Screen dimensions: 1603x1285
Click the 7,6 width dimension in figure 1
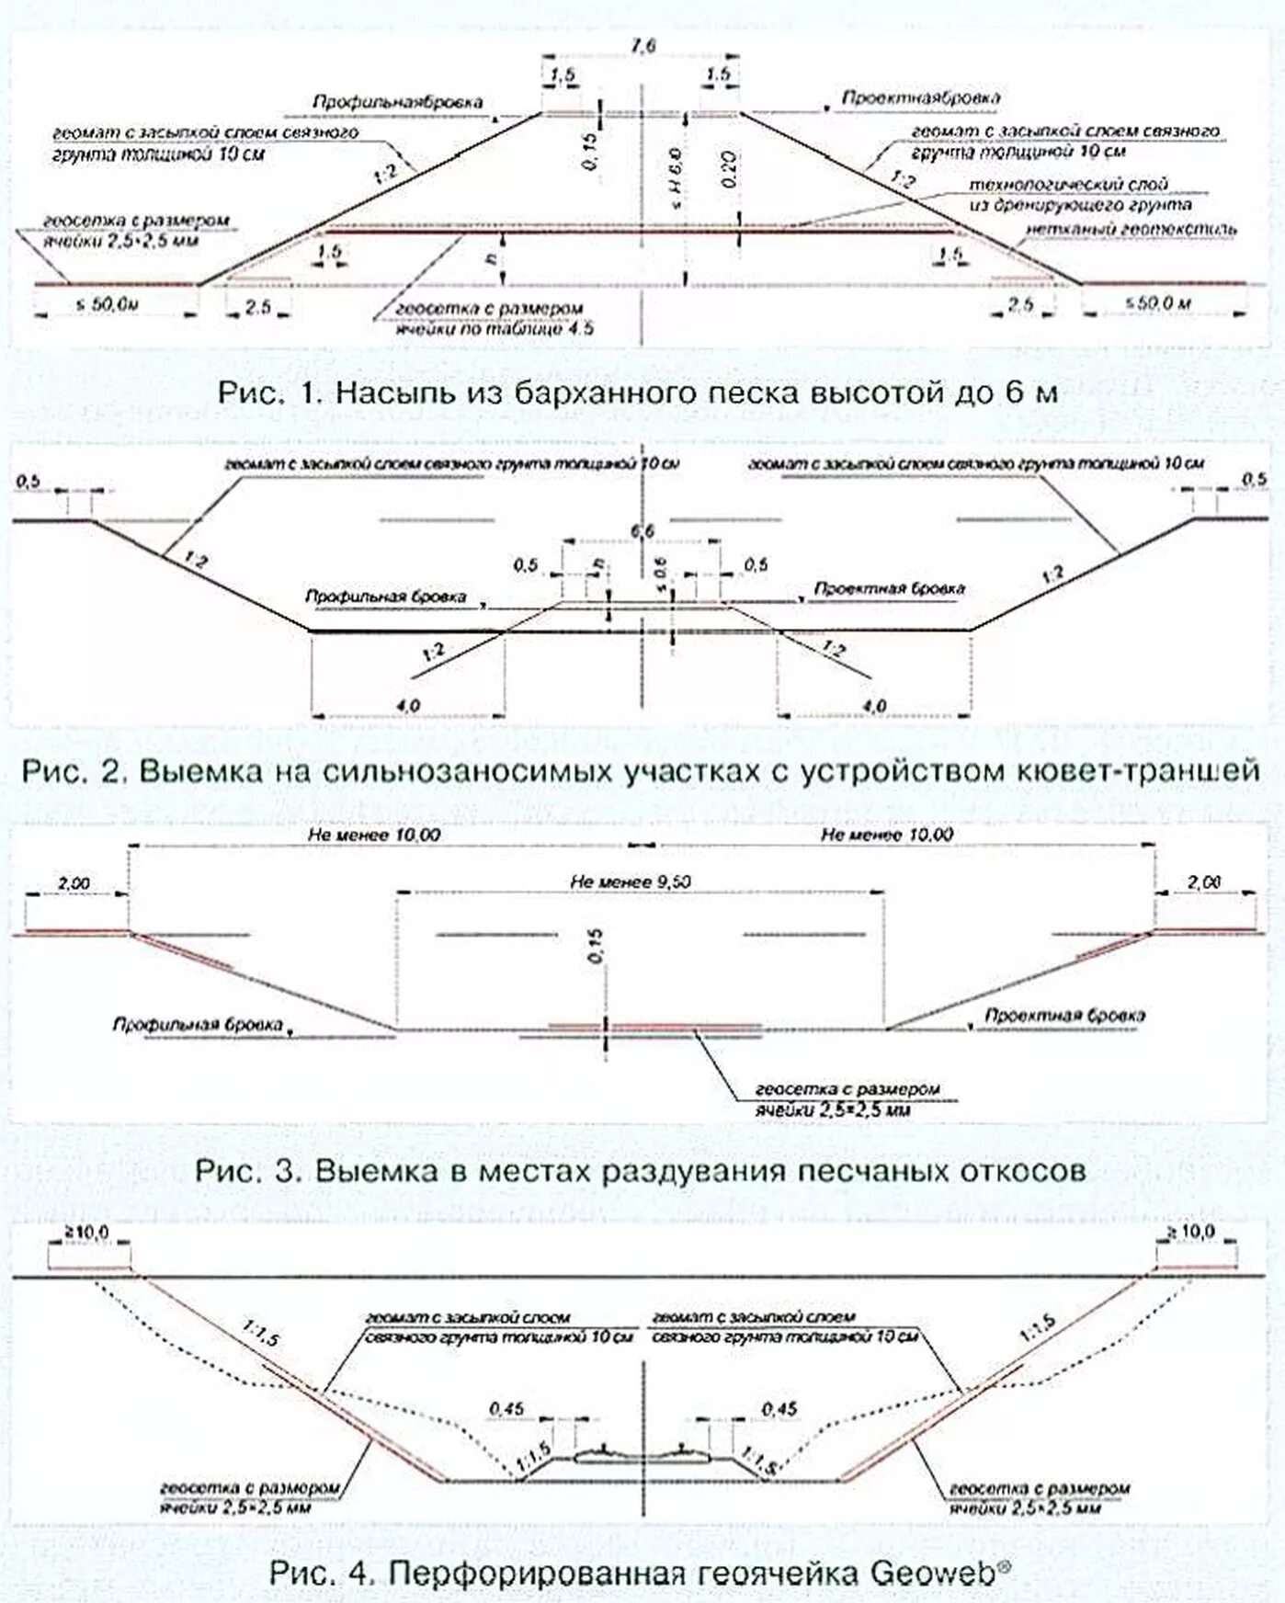[643, 47]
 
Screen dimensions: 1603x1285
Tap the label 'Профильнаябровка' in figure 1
[397, 102]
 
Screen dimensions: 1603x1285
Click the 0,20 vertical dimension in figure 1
[727, 169]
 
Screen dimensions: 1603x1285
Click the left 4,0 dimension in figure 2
[409, 705]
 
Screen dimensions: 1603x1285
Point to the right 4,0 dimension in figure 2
[874, 705]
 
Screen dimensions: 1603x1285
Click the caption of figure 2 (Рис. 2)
[641, 770]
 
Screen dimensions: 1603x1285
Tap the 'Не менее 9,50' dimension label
[631, 881]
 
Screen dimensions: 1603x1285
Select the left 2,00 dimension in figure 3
[74, 883]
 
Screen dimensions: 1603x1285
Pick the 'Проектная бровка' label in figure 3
[1064, 1016]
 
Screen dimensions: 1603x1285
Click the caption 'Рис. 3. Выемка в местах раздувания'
[641, 1171]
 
